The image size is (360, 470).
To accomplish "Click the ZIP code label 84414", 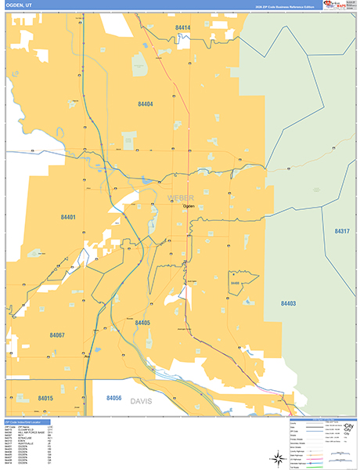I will pyautogui.click(x=182, y=27).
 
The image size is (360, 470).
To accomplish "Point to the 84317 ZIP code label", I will pyautogui.click(x=343, y=231).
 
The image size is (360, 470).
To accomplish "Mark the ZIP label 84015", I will pyautogui.click(x=45, y=399).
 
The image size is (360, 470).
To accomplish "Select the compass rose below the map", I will pyautogui.click(x=277, y=456).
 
